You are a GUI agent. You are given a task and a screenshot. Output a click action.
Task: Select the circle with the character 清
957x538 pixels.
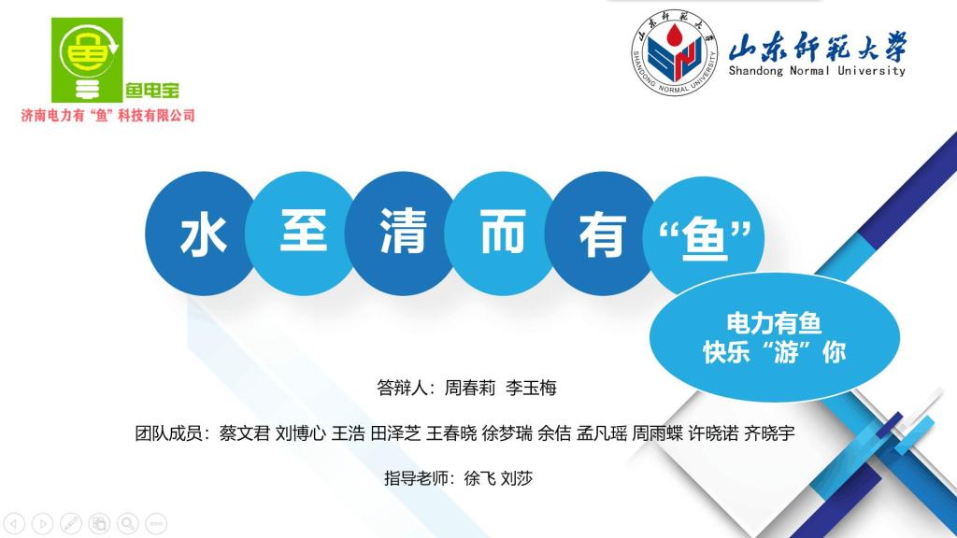coord(403,234)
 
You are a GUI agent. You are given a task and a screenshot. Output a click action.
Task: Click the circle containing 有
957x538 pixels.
coord(602,234)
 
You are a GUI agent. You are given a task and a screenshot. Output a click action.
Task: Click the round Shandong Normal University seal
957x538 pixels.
coord(675,52)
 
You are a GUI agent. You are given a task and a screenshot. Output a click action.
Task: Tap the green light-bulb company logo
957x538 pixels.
coord(87,60)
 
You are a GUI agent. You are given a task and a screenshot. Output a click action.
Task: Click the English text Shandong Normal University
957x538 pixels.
coord(817,71)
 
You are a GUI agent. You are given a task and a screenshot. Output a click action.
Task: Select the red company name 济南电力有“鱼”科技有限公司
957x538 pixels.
coord(108,115)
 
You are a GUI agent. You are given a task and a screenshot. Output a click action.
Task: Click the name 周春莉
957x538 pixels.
coord(469,388)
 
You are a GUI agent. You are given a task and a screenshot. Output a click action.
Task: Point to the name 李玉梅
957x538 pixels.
coord(531,388)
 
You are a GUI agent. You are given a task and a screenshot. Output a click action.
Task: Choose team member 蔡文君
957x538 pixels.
coord(244,433)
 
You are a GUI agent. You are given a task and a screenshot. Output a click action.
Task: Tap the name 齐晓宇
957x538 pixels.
coord(769,433)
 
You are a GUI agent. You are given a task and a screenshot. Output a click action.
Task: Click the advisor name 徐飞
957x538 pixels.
coord(479,478)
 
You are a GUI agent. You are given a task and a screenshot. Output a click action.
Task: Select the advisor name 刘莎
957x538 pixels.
coord(516,478)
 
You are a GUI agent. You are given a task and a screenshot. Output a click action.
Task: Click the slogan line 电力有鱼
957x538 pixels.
coord(774,323)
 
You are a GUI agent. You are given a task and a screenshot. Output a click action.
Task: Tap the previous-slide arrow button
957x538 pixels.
coord(14,523)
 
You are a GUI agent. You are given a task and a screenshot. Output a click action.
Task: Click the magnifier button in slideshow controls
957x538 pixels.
coord(127,523)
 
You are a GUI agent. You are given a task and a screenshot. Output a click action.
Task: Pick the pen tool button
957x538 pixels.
coord(71,523)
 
